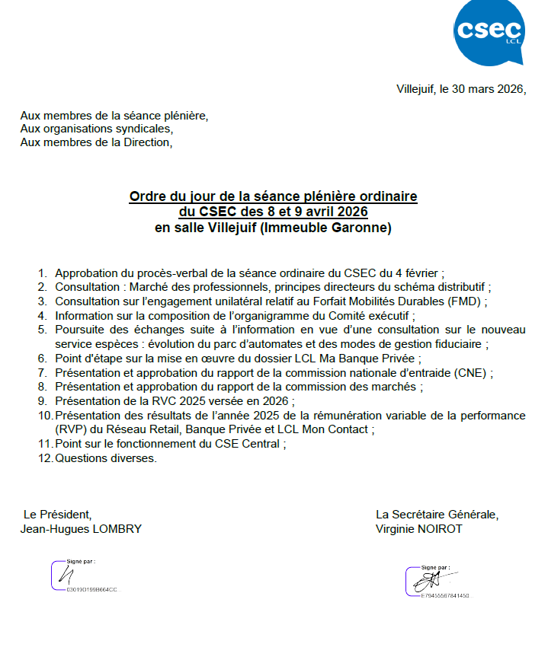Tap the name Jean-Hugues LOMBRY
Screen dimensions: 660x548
(81, 529)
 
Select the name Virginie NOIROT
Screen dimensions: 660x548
(418, 529)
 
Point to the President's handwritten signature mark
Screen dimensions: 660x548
(71, 576)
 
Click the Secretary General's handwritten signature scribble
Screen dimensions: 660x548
(428, 580)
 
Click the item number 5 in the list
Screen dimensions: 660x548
(42, 330)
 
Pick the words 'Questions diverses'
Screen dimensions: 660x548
(105, 458)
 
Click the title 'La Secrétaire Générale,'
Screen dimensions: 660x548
(437, 515)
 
